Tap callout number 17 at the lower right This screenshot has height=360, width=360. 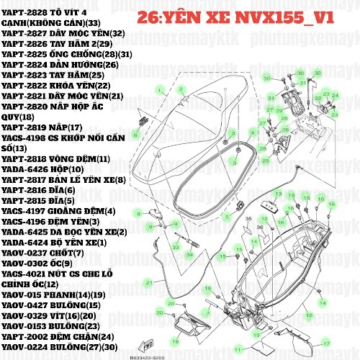[x=325, y=344]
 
